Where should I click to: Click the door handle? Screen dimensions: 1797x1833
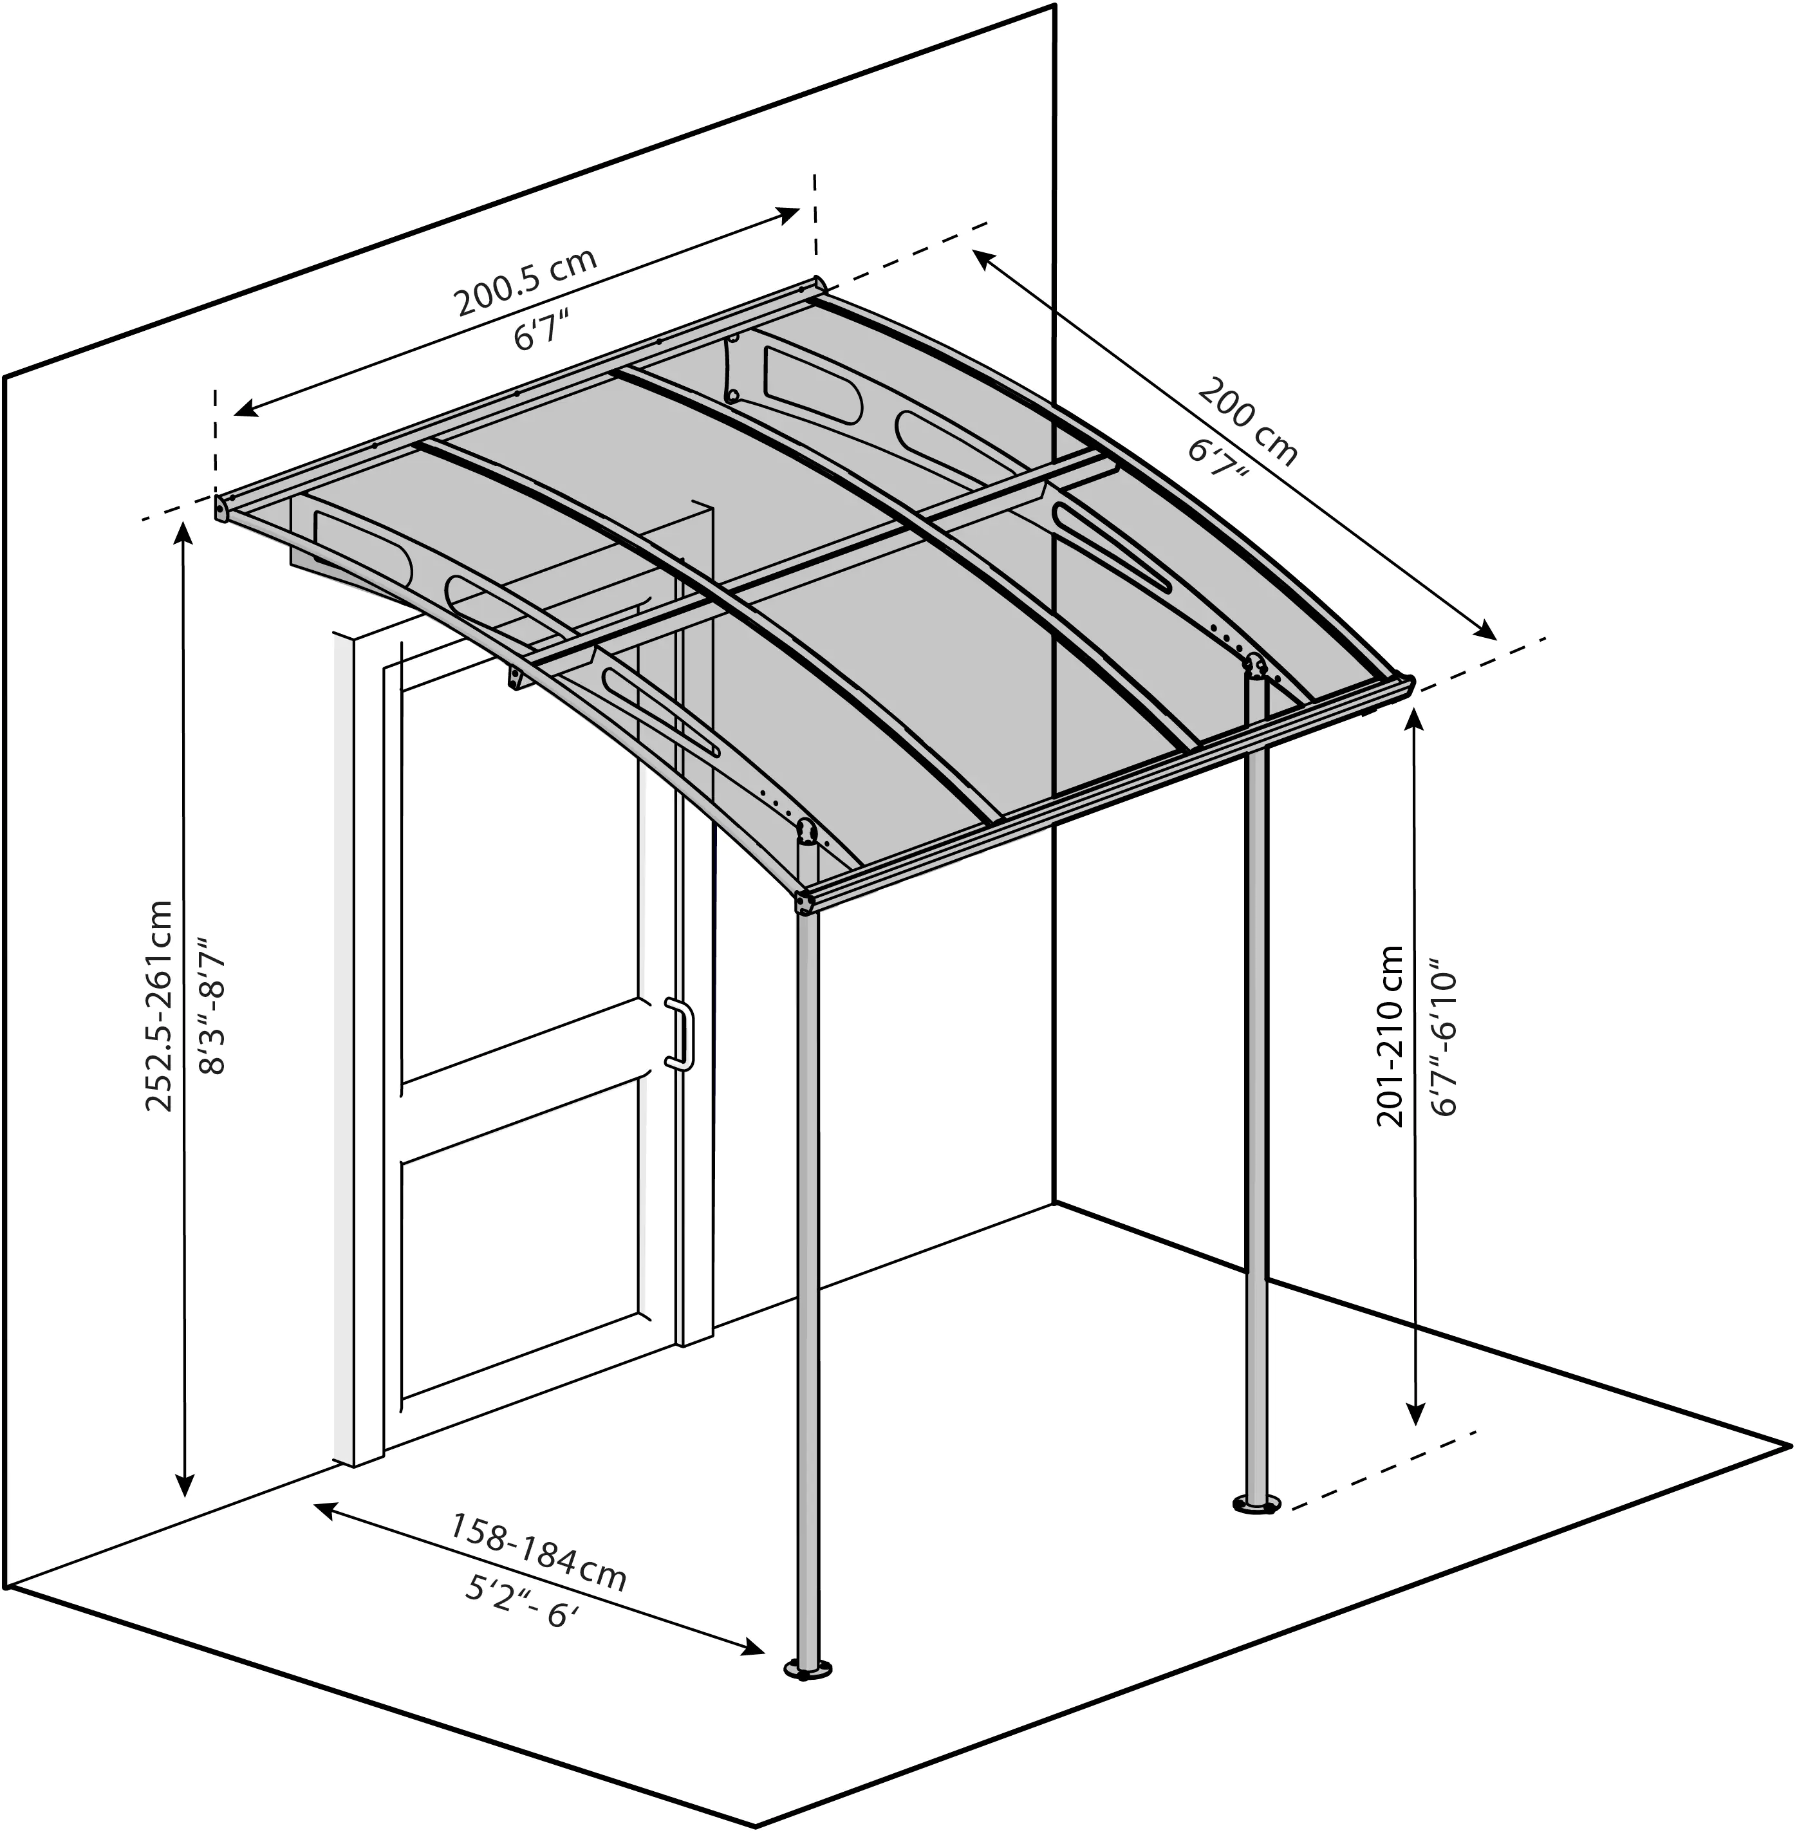coord(682,1034)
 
